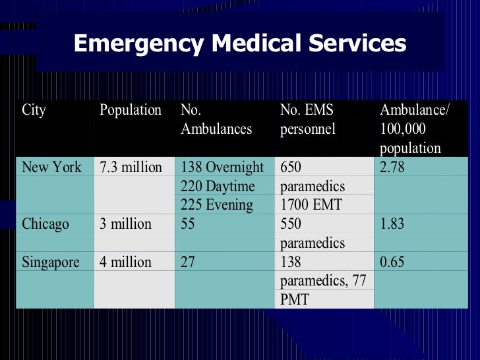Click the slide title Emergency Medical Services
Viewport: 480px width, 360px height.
click(x=239, y=44)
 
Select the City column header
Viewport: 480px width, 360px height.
click(x=34, y=110)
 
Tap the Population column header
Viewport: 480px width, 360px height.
click(x=130, y=110)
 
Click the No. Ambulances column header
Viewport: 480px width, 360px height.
click(x=216, y=119)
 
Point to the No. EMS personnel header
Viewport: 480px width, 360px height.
click(x=308, y=119)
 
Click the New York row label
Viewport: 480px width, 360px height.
click(x=51, y=167)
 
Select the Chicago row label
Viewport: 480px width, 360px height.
click(x=45, y=224)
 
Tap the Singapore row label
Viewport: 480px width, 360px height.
click(x=50, y=262)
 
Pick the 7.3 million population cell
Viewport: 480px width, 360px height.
click(x=131, y=167)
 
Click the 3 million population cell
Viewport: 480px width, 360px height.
click(x=125, y=224)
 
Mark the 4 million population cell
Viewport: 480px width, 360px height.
click(x=125, y=262)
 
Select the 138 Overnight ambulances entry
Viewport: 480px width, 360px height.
click(x=222, y=167)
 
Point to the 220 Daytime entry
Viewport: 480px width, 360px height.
click(x=218, y=187)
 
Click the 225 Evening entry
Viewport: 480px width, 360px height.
click(x=217, y=205)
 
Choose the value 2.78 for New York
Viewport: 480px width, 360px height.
click(x=394, y=167)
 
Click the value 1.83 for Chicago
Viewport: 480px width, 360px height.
click(x=394, y=224)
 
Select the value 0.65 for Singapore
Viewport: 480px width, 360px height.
click(x=394, y=262)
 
